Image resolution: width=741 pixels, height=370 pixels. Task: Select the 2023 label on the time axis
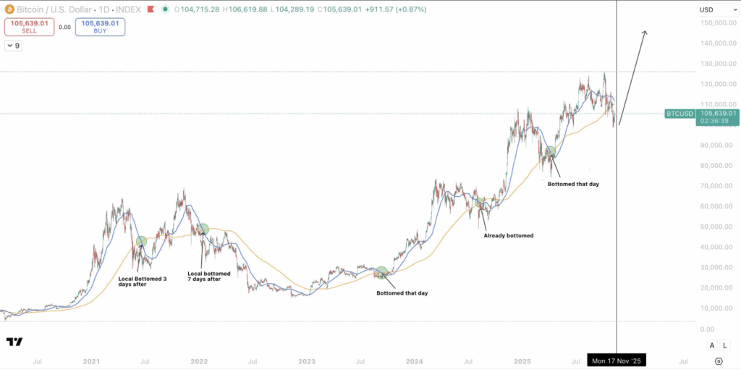[x=306, y=360]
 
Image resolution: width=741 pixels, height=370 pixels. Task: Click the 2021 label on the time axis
[x=91, y=360]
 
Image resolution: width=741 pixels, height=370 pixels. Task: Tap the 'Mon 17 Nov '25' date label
[x=617, y=360]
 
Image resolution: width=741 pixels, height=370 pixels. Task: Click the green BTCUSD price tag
[x=679, y=114]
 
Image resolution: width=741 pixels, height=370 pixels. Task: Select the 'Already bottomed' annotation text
[x=508, y=235]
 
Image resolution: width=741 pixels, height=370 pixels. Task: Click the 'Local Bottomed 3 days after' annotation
[x=142, y=281]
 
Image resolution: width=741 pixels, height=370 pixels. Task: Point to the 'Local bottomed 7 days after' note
[x=209, y=276]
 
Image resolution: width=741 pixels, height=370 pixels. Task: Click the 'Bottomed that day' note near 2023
[x=402, y=293]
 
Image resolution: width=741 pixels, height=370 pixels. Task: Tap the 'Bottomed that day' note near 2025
[x=573, y=184]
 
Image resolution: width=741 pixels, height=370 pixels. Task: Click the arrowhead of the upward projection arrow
[x=644, y=33]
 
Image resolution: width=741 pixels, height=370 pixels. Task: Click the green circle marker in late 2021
[x=203, y=229]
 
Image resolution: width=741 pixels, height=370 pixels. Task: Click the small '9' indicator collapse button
[x=13, y=46]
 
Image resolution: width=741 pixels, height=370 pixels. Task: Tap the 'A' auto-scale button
[x=712, y=345]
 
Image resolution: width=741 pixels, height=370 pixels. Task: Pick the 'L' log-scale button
[x=724, y=345]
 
